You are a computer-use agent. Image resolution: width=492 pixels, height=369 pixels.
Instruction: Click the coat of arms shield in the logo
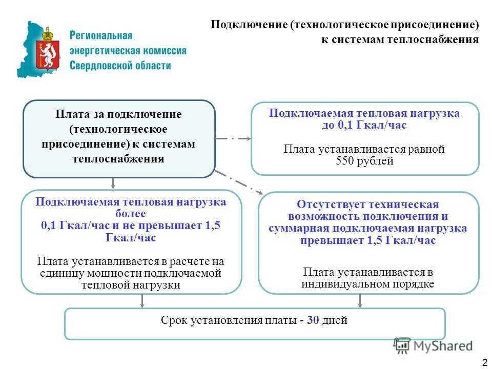[x=48, y=54]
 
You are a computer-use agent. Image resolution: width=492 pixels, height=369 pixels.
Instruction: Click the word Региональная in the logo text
[x=101, y=35]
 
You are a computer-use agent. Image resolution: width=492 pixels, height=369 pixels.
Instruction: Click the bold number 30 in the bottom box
[x=313, y=320]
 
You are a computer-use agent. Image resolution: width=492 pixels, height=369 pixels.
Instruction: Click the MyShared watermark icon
[x=402, y=346]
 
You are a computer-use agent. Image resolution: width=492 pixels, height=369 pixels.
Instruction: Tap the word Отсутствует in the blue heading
[x=332, y=204]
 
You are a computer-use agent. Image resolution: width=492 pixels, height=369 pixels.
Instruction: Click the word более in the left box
[x=131, y=214]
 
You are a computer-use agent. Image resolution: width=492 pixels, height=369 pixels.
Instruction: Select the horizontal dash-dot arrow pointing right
[x=233, y=138]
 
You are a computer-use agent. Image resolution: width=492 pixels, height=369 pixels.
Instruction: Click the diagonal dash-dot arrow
[x=239, y=182]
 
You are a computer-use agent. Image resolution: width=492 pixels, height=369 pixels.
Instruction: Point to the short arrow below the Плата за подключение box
[x=113, y=183]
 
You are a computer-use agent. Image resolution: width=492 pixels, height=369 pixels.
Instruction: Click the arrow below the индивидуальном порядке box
[x=360, y=301]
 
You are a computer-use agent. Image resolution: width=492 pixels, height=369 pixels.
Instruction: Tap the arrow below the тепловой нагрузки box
[x=142, y=301]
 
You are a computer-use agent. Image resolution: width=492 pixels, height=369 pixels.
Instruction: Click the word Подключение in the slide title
[x=249, y=25]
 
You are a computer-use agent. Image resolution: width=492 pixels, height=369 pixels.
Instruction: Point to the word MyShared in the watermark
[x=443, y=346]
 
